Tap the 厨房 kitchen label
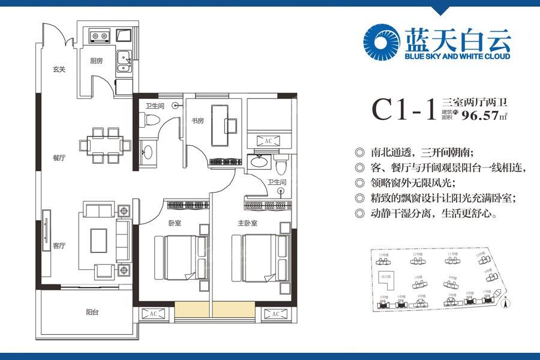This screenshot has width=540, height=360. pos(97,61)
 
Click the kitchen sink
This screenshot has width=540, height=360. pos(125,60)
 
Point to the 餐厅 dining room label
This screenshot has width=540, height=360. pos(58,158)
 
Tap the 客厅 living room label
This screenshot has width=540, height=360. pos(58,245)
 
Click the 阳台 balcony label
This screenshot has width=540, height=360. pos(92,311)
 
